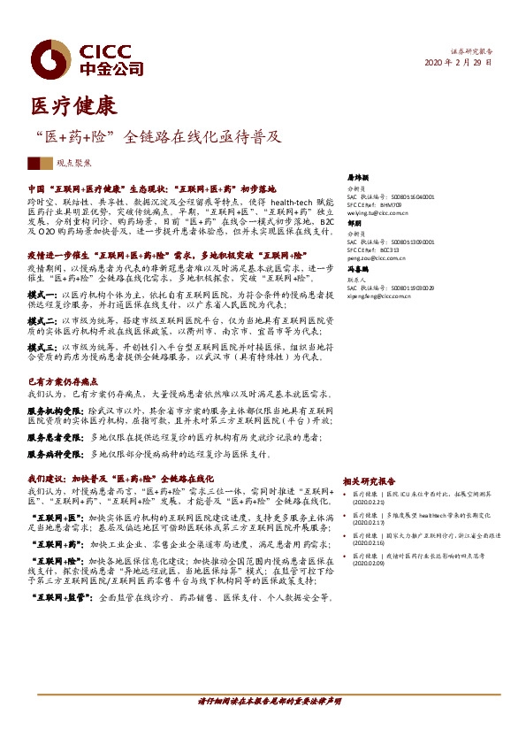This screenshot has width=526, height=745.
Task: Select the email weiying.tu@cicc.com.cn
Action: pyautogui.click(x=377, y=213)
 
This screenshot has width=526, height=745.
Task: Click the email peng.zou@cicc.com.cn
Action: pyautogui.click(x=375, y=257)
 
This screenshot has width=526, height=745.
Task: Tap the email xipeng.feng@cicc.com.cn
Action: pyautogui.click(x=377, y=296)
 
